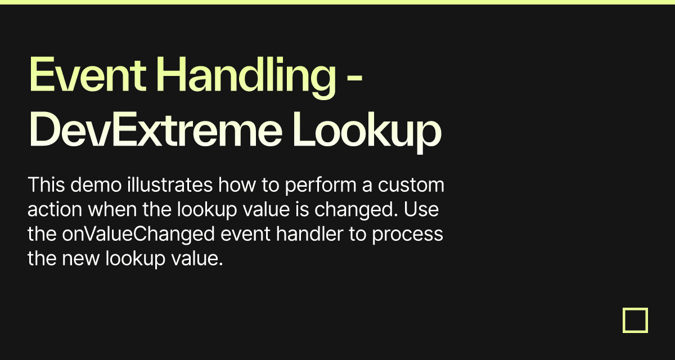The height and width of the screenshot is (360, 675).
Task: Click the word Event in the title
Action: pos(88,74)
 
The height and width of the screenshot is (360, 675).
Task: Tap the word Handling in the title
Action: pos(246,78)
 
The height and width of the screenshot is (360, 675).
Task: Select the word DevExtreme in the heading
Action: pos(155,129)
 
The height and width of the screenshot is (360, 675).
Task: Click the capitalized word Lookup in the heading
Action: pos(367,133)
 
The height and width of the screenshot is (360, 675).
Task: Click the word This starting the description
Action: pos(46,184)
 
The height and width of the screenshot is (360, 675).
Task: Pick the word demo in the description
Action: pos(96,184)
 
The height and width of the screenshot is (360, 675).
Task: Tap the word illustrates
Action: pos(170,184)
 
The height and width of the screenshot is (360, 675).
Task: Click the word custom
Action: pos(411,185)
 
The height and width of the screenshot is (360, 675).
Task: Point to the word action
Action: pos(55,209)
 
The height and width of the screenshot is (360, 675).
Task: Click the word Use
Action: pos(421,209)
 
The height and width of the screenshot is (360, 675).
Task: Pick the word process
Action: pos(407,236)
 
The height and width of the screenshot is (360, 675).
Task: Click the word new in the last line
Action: pos(80,259)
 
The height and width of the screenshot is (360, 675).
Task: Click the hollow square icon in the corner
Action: pos(635,320)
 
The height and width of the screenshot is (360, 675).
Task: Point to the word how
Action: pos(237,184)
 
